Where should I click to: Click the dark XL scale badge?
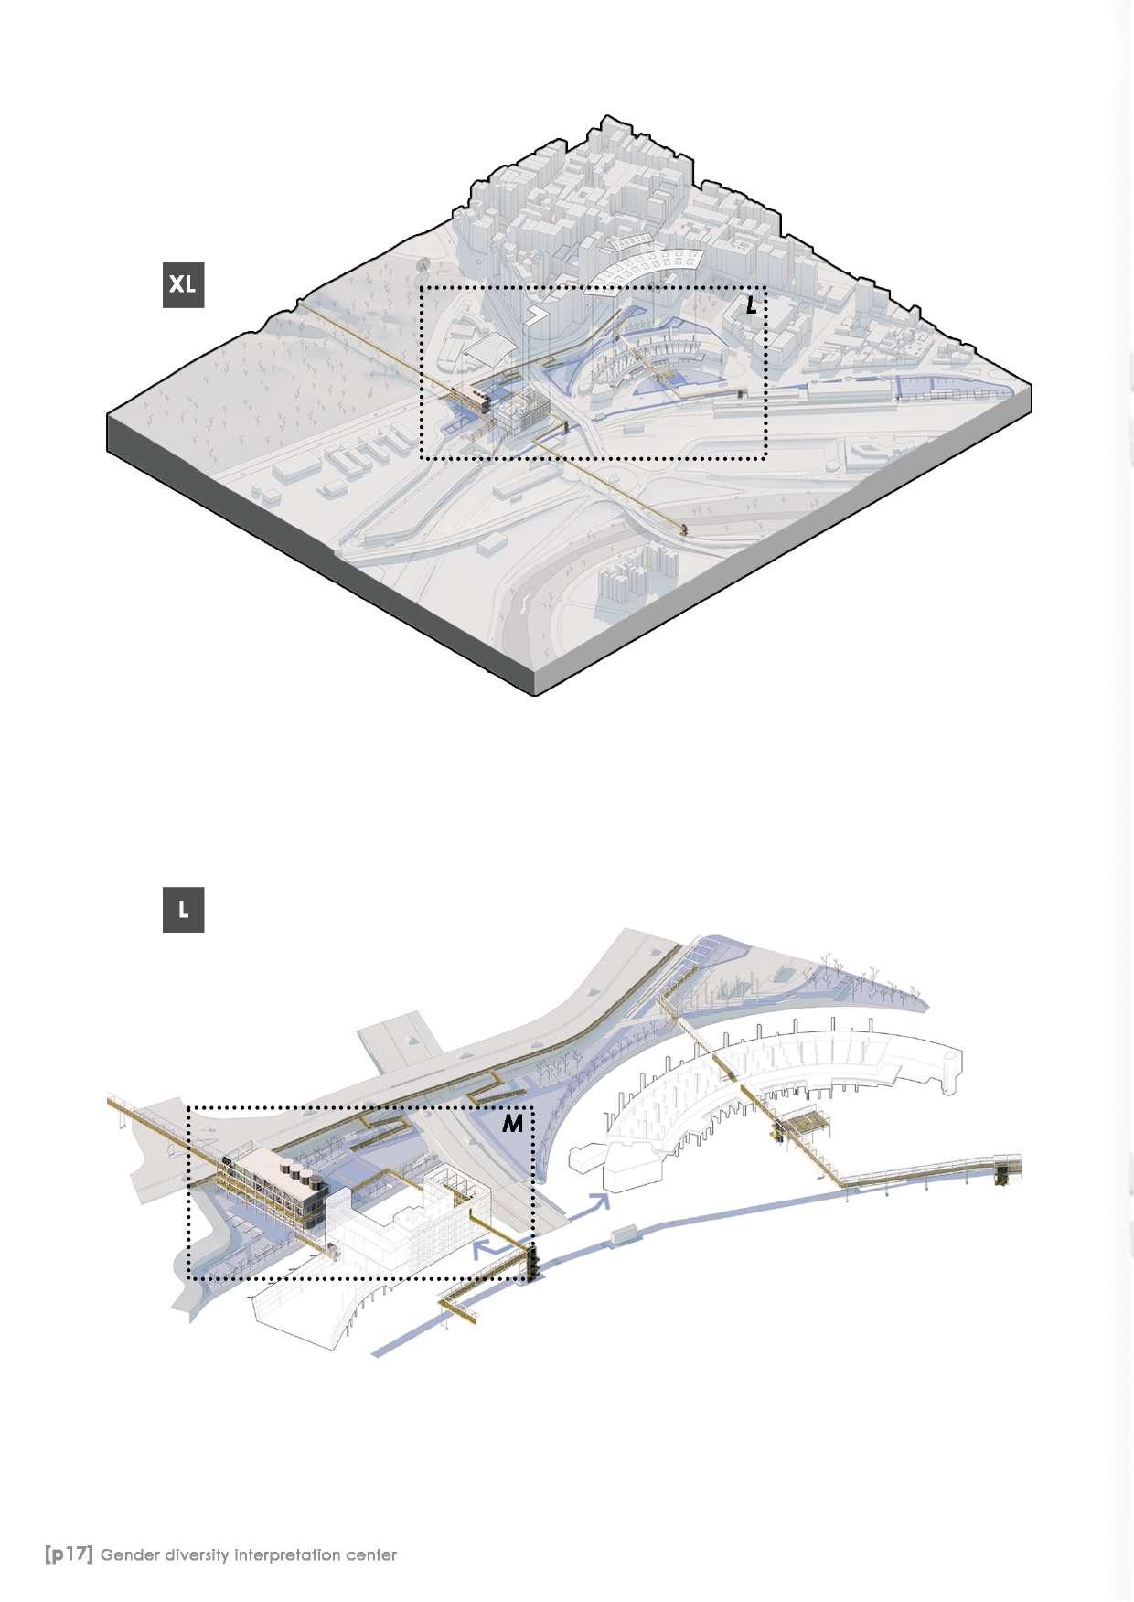183,284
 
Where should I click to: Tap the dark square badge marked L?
183,910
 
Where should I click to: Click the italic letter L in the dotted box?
751,305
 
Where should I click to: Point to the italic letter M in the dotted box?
513,1124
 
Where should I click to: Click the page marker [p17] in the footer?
69,1554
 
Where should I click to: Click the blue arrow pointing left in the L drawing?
490,1249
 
